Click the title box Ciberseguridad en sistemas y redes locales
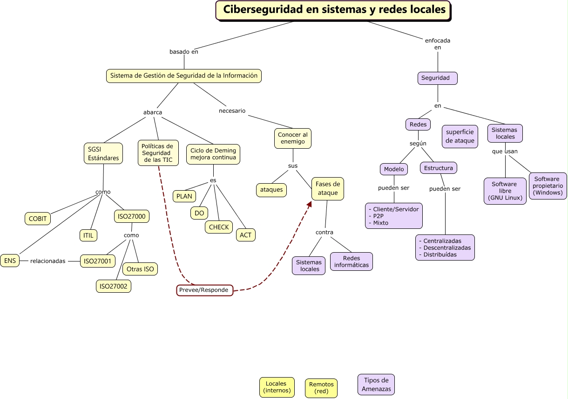333,10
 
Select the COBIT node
38,219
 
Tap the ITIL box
88,235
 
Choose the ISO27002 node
114,286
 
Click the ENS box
10,261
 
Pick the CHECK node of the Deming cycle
219,227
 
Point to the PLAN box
184,196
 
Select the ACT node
245,235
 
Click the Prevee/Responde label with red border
204,290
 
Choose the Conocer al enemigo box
292,138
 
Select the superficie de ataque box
460,136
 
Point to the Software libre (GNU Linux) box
505,191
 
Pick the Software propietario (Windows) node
548,186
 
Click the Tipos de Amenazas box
376,385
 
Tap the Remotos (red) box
321,388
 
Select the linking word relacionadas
48,261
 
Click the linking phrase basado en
184,52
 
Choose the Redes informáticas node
352,261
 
